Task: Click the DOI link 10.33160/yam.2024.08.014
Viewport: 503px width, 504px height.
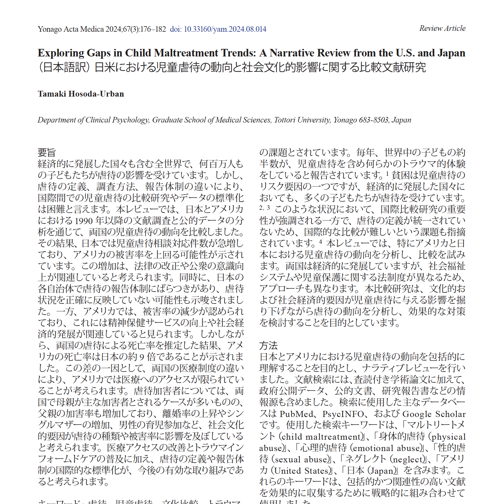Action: click(225, 29)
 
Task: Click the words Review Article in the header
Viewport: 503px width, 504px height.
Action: click(442, 28)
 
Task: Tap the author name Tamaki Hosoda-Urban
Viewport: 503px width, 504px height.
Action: click(81, 94)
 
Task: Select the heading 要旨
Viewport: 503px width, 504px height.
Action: click(47, 152)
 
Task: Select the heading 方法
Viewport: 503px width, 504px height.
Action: click(268, 345)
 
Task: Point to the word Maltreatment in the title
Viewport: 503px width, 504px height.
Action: click(186, 53)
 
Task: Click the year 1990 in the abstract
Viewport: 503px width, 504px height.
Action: click(84, 221)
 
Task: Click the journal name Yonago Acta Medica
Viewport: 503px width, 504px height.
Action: click(71, 29)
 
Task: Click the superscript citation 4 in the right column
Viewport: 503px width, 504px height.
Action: click(320, 242)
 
